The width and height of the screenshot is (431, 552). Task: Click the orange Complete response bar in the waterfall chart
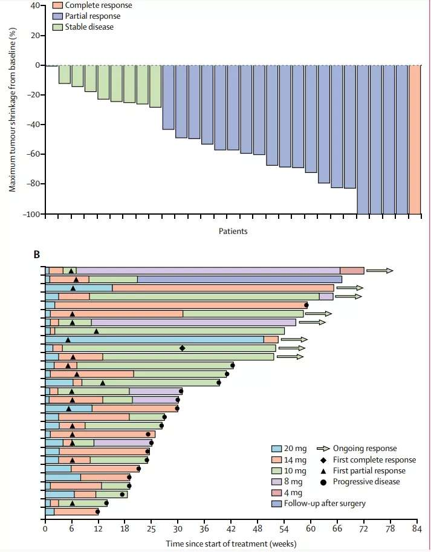pos(415,139)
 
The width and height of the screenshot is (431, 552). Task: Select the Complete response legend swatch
pos(57,5)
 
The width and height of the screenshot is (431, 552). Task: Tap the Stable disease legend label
pos(91,27)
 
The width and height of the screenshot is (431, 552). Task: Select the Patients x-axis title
pos(233,232)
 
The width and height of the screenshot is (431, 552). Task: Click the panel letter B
pos(37,256)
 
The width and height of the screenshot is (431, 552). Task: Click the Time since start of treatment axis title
pos(232,544)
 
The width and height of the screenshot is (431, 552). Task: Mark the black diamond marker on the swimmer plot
pos(183,348)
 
